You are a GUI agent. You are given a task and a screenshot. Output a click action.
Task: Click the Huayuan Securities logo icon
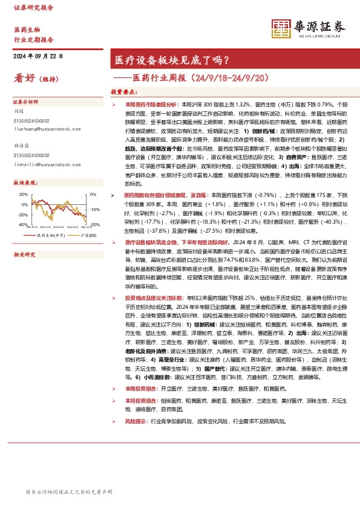click(x=280, y=28)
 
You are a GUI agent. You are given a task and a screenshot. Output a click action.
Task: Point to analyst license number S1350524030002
click(x=33, y=121)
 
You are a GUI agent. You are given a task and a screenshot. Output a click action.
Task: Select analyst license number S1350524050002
click(x=33, y=155)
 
